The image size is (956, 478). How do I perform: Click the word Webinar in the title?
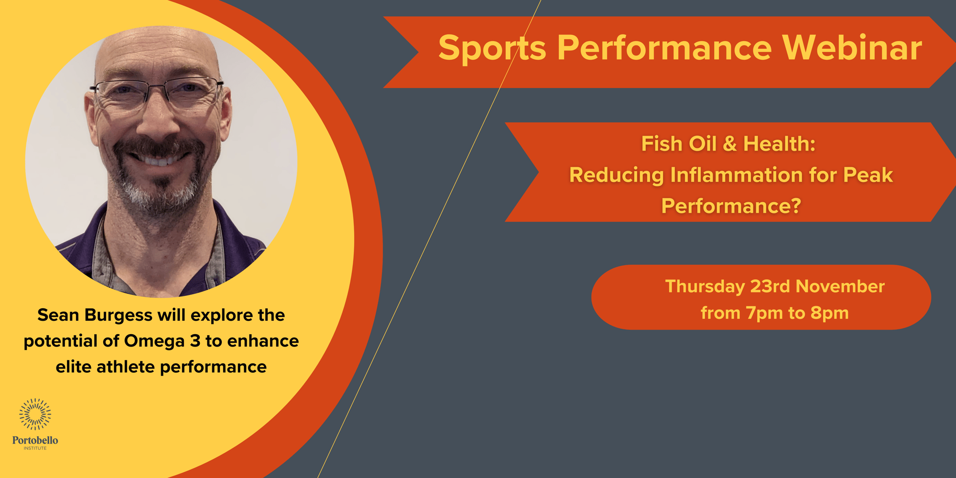[x=852, y=48]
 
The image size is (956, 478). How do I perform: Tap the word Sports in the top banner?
[x=492, y=49]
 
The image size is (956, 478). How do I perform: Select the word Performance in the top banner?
[x=664, y=48]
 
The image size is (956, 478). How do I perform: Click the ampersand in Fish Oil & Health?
[x=730, y=144]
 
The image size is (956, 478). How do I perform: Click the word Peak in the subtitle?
[x=868, y=174]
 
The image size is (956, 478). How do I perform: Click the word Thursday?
[x=705, y=287]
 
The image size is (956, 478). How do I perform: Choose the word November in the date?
[x=840, y=286]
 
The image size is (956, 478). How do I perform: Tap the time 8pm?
[x=830, y=314]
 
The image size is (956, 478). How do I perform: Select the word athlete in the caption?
[x=126, y=367]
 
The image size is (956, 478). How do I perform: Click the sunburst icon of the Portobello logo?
[x=35, y=414]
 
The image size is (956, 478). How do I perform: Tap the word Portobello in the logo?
[x=35, y=440]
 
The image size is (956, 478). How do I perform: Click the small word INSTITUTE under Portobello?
[x=35, y=448]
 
